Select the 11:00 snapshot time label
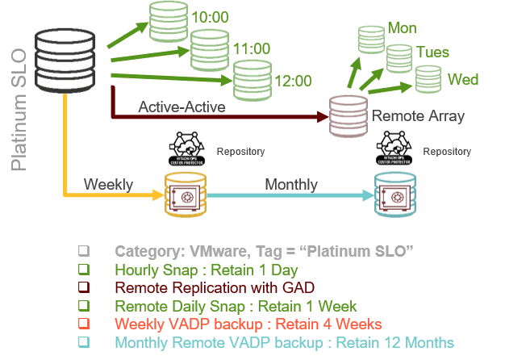[252, 48]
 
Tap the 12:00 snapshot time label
[293, 80]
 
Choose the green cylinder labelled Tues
[399, 58]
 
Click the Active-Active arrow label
[181, 107]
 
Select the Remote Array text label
[418, 116]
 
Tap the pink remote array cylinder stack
[348, 115]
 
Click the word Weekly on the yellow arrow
[108, 185]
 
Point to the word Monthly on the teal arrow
[291, 185]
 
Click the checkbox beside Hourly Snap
[83, 269]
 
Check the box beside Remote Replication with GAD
[83, 287]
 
